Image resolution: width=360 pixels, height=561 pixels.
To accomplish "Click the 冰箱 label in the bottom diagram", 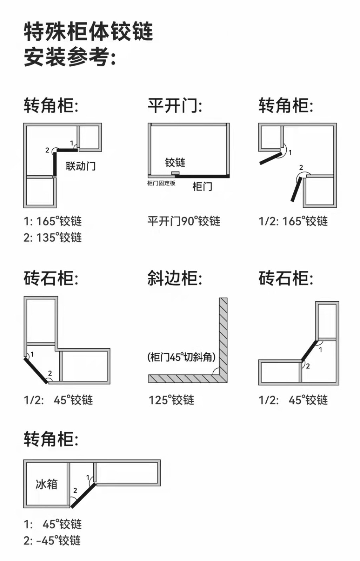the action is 46,484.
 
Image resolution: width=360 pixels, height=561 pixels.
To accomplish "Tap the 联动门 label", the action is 80,166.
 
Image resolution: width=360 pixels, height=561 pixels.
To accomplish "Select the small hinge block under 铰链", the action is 175,173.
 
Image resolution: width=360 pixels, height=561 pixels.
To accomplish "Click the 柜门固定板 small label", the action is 161,183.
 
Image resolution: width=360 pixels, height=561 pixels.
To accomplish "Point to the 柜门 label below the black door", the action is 202,186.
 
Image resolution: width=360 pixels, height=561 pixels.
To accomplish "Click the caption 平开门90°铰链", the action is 184,221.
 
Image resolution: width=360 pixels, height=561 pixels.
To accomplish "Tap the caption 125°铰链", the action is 171,400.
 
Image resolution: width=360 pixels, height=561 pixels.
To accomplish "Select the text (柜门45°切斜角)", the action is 181,357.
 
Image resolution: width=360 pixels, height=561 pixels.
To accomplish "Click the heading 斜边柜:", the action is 174,278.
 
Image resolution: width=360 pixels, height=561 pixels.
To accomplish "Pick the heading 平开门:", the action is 174,106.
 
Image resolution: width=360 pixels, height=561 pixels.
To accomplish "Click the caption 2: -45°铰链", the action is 52,540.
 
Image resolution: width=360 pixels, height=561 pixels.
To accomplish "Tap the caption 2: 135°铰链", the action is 53,237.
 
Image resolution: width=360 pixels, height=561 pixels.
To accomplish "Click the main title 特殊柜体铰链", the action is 88,32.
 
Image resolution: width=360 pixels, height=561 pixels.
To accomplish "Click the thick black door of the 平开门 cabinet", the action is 202,176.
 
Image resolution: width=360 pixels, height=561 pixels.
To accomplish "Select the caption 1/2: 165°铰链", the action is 293,221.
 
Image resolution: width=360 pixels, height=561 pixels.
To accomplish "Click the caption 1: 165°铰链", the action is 53,221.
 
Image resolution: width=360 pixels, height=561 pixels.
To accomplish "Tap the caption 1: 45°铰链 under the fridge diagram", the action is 53,524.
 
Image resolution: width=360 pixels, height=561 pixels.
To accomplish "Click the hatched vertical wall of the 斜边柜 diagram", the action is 223,337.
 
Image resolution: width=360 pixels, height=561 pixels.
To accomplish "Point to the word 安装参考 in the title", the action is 67,57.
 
